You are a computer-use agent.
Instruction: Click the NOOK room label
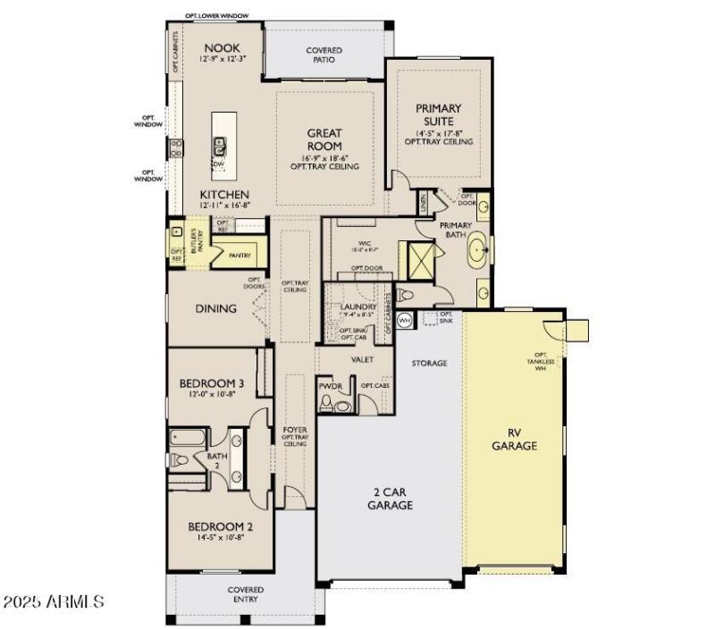221,48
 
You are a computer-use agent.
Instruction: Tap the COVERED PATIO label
324,55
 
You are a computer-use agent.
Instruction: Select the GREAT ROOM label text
324,139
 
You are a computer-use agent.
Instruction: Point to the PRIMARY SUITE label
440,114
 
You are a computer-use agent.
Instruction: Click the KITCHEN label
224,194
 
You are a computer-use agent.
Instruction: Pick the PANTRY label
240,256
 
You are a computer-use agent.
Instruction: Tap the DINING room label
216,308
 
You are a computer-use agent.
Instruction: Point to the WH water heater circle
404,319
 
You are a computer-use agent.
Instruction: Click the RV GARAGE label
515,440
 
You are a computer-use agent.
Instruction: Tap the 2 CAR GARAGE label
391,499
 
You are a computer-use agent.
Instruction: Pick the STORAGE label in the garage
429,364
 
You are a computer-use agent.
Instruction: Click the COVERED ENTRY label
245,594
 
